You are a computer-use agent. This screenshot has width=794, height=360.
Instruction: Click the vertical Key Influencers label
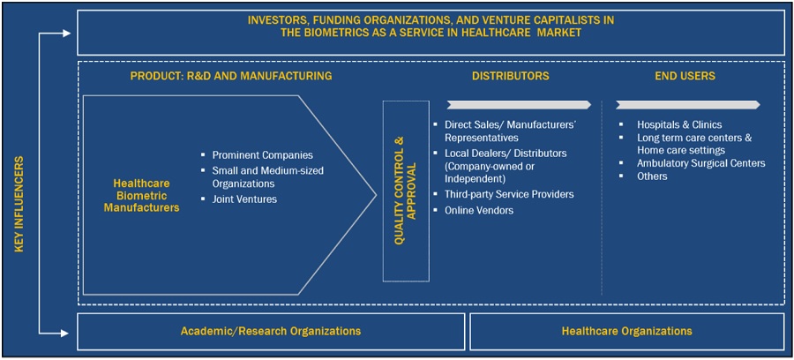pos(19,205)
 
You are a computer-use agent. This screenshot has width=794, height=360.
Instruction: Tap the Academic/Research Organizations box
pos(270,331)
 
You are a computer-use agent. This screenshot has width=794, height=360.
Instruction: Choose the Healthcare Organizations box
pos(626,331)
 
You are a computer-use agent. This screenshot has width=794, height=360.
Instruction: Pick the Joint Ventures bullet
pos(244,199)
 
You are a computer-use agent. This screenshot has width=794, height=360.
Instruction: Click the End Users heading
pos(685,76)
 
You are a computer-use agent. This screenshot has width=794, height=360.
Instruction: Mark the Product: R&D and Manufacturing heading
pos(231,76)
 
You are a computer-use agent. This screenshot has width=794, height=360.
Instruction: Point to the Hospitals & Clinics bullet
pos(678,124)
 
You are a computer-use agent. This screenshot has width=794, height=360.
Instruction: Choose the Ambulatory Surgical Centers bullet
pos(700,163)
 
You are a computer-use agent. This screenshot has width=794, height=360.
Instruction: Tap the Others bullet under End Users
pos(652,176)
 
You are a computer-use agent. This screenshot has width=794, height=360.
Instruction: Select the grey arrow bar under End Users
pos(686,104)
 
